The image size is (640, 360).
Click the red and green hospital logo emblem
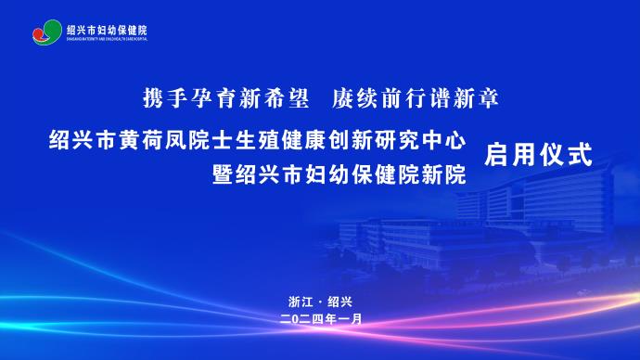pos(46,33)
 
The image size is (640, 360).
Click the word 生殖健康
pos(299,141)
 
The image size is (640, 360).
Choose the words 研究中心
pos(432,141)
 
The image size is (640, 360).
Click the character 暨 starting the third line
pos(223,174)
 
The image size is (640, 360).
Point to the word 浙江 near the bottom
pos(301,302)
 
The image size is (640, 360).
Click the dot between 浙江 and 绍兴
pos(320,302)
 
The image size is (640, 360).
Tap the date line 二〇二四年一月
pos(320,317)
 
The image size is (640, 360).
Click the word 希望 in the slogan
pos(285,96)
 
